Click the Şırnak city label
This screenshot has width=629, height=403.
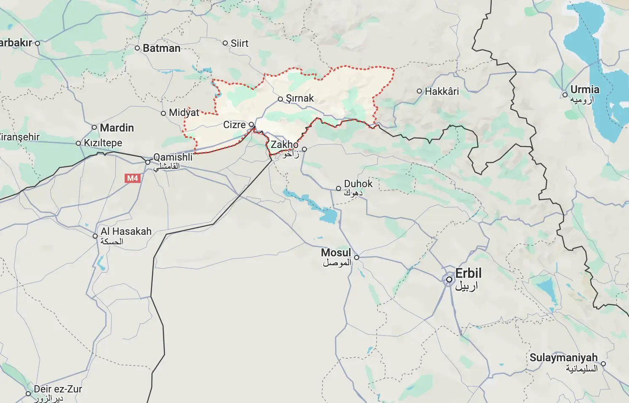[x=300, y=98]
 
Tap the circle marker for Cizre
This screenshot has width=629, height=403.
[x=251, y=124]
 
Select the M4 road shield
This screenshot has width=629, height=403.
[x=133, y=178]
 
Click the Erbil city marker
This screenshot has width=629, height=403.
[x=449, y=279]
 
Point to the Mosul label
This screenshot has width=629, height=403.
[x=336, y=253]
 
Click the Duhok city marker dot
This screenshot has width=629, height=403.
[x=338, y=188]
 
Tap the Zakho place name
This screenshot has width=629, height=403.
[x=284, y=145]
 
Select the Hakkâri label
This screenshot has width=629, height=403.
[x=442, y=91]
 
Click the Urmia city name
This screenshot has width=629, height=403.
[x=585, y=89]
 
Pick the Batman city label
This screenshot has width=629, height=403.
[x=162, y=48]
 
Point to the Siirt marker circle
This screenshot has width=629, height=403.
[x=225, y=43]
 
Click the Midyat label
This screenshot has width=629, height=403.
[x=184, y=113]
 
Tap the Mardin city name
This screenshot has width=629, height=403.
[x=117, y=128]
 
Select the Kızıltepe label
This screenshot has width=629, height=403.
[x=103, y=143]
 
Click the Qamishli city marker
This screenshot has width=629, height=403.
[x=148, y=162]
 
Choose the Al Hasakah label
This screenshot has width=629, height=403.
[x=126, y=231]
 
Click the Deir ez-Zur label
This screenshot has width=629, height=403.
[x=58, y=389]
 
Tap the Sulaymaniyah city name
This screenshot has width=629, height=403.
[x=563, y=357]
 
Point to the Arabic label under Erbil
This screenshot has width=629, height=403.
[x=466, y=286]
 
